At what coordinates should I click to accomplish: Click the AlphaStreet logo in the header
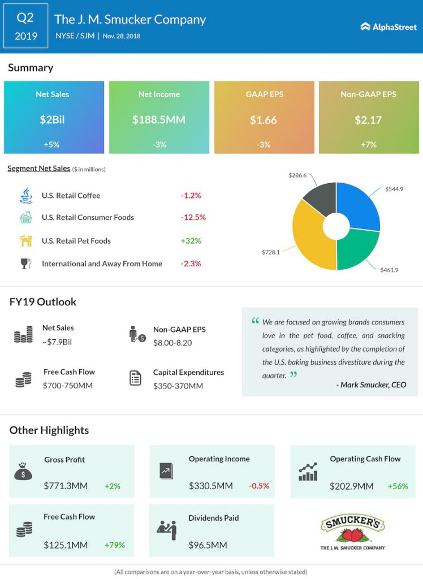pyautogui.click(x=389, y=27)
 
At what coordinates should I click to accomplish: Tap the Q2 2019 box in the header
pyautogui.click(x=26, y=26)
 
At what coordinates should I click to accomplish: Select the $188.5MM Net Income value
pyautogui.click(x=159, y=120)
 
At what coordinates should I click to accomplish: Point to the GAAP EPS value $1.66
pyautogui.click(x=264, y=120)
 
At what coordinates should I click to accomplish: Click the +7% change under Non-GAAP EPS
pyautogui.click(x=369, y=144)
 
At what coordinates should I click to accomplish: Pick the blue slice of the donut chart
pyautogui.click(x=360, y=205)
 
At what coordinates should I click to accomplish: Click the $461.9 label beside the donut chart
pyautogui.click(x=390, y=270)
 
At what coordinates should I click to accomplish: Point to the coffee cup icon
pyautogui.click(x=26, y=196)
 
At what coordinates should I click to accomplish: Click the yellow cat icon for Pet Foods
pyautogui.click(x=26, y=241)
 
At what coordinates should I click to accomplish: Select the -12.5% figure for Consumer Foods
pyautogui.click(x=193, y=217)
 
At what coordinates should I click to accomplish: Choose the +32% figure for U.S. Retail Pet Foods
pyautogui.click(x=191, y=241)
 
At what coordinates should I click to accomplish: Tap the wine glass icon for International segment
pyautogui.click(x=26, y=263)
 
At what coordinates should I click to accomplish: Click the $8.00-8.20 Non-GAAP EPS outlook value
pyautogui.click(x=172, y=343)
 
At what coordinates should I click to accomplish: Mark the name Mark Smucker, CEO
pyautogui.click(x=372, y=384)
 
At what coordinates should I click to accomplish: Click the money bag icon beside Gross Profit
pyautogui.click(x=23, y=471)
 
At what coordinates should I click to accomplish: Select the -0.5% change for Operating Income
pyautogui.click(x=259, y=486)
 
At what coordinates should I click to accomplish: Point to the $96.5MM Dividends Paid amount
pyautogui.click(x=208, y=545)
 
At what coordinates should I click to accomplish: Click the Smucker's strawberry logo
pyautogui.click(x=352, y=532)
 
